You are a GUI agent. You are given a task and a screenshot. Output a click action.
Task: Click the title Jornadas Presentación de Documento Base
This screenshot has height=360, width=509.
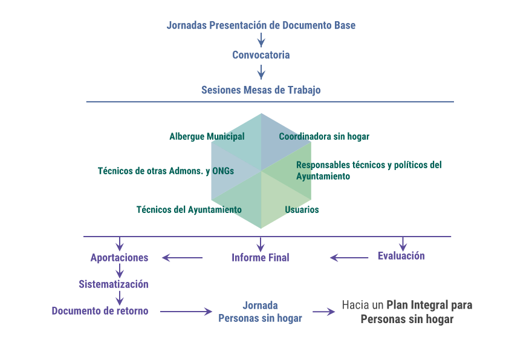tap(261, 25)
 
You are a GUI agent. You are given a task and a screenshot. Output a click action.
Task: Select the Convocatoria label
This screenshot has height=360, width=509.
tap(261, 55)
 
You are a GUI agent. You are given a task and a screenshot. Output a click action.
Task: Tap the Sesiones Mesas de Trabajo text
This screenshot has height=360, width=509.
tap(261, 90)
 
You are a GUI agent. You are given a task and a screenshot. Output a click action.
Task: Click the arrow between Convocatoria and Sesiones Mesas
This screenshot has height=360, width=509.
tap(261, 73)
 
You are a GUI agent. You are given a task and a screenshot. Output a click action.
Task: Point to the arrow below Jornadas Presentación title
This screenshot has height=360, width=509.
tap(261, 41)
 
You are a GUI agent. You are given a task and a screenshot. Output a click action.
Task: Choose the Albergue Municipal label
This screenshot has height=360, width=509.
tap(207, 137)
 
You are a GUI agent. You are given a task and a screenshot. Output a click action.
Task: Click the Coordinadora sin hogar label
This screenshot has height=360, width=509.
tap(324, 137)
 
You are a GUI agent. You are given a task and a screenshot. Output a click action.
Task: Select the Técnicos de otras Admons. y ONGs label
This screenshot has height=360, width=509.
tap(166, 171)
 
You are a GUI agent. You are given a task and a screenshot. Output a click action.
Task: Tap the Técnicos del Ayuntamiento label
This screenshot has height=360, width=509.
tap(189, 210)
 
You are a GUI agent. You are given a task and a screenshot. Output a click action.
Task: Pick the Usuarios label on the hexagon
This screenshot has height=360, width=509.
tap(302, 210)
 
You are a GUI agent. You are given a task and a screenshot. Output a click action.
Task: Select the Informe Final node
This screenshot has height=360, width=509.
tap(261, 258)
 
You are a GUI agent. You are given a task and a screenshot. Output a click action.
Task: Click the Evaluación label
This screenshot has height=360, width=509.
tap(401, 256)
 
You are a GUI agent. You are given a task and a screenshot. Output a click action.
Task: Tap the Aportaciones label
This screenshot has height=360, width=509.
tap(119, 258)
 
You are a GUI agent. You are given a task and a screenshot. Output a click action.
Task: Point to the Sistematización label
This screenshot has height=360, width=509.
tap(114, 284)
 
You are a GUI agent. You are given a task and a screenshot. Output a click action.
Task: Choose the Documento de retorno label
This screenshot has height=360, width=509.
tap(100, 311)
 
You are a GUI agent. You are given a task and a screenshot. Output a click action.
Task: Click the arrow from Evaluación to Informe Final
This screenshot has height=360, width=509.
tap(349, 258)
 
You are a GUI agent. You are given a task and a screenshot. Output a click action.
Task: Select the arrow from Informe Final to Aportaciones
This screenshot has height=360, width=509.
tap(182, 258)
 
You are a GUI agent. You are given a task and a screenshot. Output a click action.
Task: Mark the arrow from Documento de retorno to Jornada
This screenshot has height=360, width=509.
tap(186, 312)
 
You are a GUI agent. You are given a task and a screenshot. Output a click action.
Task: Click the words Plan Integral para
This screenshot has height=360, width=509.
tap(430, 305)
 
